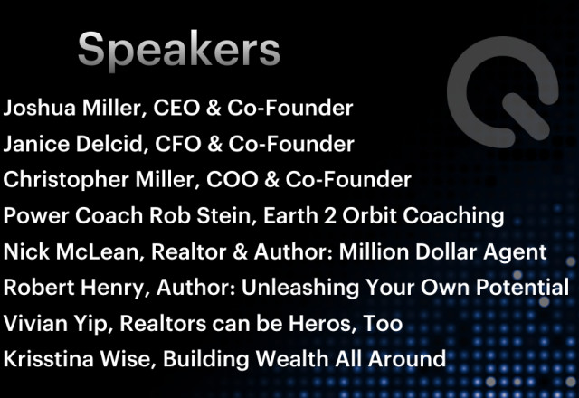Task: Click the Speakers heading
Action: [179, 49]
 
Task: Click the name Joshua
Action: [40, 108]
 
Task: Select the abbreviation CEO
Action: [176, 108]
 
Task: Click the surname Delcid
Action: [109, 144]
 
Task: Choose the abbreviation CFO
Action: [178, 144]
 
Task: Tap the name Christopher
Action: [66, 180]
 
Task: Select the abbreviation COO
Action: [232, 180]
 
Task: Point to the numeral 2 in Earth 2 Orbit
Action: [329, 215]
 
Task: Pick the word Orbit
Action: [369, 215]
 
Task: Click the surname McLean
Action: [98, 251]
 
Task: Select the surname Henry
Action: [112, 288]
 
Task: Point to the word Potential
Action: [523, 287]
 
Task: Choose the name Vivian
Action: [35, 323]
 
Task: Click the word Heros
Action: [319, 323]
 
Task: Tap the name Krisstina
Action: [48, 359]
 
